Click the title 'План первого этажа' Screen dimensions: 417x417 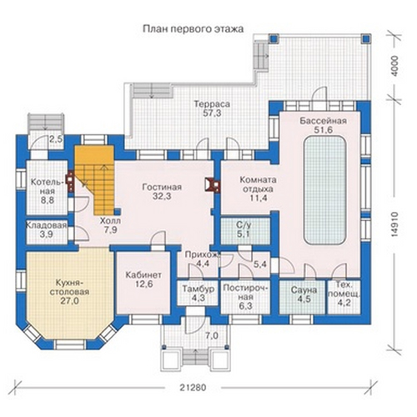click(x=193, y=29)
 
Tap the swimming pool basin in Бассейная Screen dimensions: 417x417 click(x=324, y=190)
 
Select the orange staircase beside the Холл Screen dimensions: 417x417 click(x=94, y=180)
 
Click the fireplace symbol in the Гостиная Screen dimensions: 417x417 click(x=212, y=184)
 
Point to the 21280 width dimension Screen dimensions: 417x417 click(x=193, y=386)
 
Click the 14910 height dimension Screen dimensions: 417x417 click(x=394, y=224)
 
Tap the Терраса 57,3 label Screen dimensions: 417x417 click(x=212, y=108)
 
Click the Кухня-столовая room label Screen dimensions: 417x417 click(x=68, y=292)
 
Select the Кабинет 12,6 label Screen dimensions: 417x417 click(x=143, y=279)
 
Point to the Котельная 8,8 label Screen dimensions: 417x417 click(x=47, y=191)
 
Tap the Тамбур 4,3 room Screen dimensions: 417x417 click(x=198, y=294)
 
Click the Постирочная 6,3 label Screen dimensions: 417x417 click(x=246, y=297)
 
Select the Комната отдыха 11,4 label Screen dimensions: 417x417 click(x=258, y=188)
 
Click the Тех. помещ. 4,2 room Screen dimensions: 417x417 click(x=344, y=297)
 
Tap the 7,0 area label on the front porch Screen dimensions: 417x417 click(x=212, y=336)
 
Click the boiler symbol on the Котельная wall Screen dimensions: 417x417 click(x=70, y=181)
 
